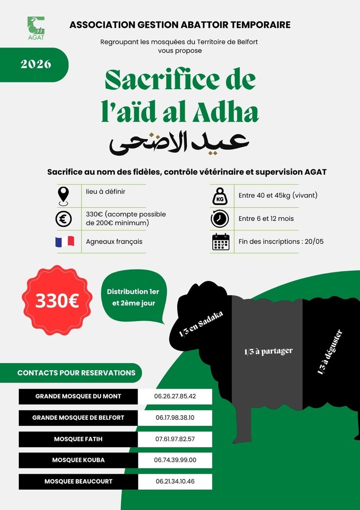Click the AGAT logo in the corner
[x=36, y=28]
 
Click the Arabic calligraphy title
[x=179, y=142]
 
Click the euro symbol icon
[x=63, y=219]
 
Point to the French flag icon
[x=65, y=241]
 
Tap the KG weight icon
[x=220, y=195]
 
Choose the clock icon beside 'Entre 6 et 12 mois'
[x=220, y=219]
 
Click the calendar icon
[x=220, y=241]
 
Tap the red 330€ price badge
[x=58, y=301]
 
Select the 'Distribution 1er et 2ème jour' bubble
[x=133, y=297]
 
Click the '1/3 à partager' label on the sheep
[x=268, y=351]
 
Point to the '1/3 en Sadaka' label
[x=201, y=324]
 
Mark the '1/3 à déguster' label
[x=330, y=352]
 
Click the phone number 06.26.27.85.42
[x=175, y=396]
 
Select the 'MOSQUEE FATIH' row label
[x=78, y=439]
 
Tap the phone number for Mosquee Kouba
[x=175, y=460]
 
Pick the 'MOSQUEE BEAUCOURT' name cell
[x=78, y=482]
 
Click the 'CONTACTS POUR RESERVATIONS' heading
[x=76, y=373]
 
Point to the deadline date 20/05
[x=314, y=241]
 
